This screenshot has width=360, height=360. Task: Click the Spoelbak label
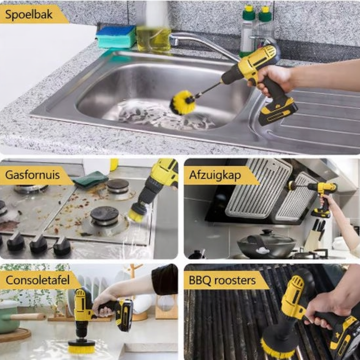[29, 15]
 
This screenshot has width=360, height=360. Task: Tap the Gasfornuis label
[32, 175]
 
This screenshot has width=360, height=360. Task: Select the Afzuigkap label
[215, 175]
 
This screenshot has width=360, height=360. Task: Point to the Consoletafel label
[37, 280]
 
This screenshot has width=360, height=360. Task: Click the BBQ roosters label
[222, 280]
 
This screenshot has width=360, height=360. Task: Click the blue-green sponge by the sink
[116, 37]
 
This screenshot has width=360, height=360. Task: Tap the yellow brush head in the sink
[183, 102]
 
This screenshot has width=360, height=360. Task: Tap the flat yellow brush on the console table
[81, 346]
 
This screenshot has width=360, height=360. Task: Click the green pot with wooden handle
[14, 317]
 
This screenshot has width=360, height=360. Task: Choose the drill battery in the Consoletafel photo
[124, 315]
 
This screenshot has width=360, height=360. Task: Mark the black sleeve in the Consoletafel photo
[165, 279]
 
